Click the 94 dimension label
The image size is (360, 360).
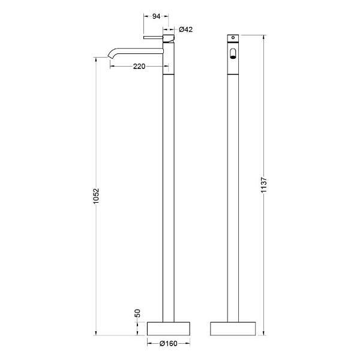[x=156, y=16]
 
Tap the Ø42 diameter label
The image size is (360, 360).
[x=186, y=29]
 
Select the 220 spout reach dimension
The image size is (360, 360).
[x=139, y=67]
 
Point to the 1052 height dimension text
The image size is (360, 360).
[x=96, y=196]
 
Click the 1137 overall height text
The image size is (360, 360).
[x=264, y=185]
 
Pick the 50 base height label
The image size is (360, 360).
[x=137, y=313]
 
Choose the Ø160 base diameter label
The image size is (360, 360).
[x=168, y=343]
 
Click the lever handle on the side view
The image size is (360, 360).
[x=153, y=37]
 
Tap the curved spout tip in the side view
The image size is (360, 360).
[x=110, y=56]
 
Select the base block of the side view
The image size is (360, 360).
[x=168, y=329]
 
